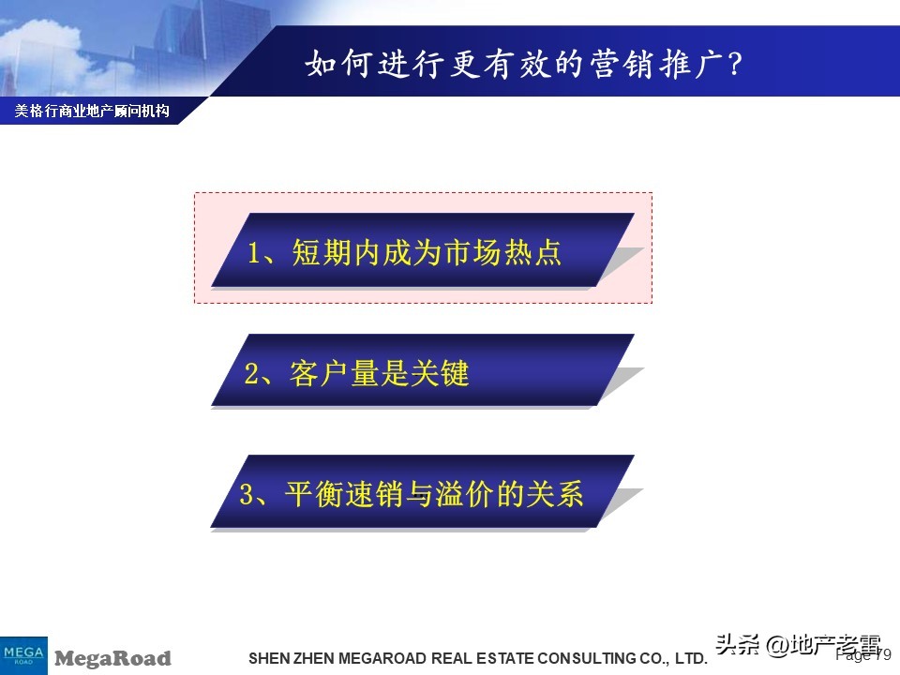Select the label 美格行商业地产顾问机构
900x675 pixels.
(x=92, y=111)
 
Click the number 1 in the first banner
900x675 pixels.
(x=253, y=253)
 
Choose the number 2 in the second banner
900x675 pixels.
(x=251, y=374)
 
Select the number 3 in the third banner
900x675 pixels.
(x=247, y=494)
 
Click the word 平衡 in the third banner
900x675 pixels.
(x=309, y=494)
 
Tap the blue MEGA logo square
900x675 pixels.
(x=23, y=653)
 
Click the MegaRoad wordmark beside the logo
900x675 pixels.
(x=112, y=658)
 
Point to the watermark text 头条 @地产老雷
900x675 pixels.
(x=798, y=645)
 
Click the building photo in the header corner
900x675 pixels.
(x=103, y=42)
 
